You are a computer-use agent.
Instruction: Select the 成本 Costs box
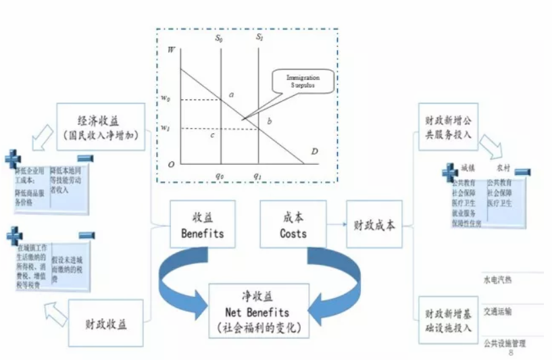click(x=293, y=224)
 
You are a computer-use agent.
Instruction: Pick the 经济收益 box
click(x=101, y=126)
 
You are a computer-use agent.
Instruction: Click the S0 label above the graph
click(x=220, y=39)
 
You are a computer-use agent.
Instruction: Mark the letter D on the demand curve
click(x=314, y=151)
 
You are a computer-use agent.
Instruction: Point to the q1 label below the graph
click(x=257, y=176)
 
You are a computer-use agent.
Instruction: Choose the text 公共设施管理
click(x=504, y=344)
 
